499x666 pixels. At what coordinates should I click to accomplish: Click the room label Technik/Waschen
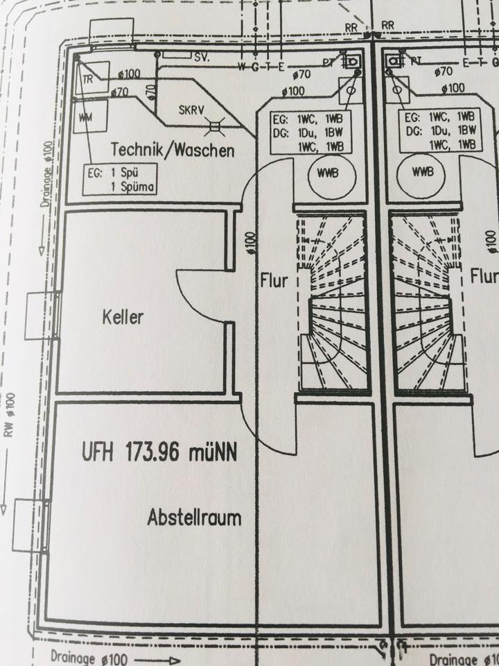point(173,149)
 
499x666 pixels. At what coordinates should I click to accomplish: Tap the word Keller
point(123,318)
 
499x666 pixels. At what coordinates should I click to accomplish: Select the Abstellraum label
point(194,517)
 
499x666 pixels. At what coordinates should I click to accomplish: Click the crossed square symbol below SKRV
point(216,127)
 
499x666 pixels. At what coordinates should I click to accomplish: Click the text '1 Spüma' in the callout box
point(131,186)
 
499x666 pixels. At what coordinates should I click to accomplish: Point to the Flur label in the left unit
point(274,281)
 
